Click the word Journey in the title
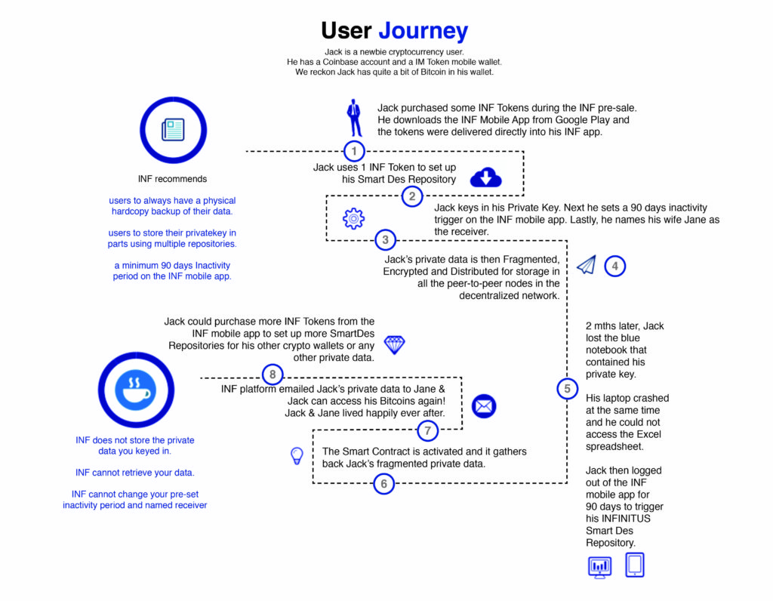423,31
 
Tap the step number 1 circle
354,150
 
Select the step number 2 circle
411,196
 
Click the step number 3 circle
385,241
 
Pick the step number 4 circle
615,266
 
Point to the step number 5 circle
567,389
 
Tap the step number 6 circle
383,484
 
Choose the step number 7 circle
428,431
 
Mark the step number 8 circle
273,374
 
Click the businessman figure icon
353,118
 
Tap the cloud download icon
486,178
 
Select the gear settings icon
353,219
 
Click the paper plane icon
587,265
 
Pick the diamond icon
394,345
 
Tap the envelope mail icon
484,406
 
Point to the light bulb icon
297,456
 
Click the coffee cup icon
136,390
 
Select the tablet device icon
635,566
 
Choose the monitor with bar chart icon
599,567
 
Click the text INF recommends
172,179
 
